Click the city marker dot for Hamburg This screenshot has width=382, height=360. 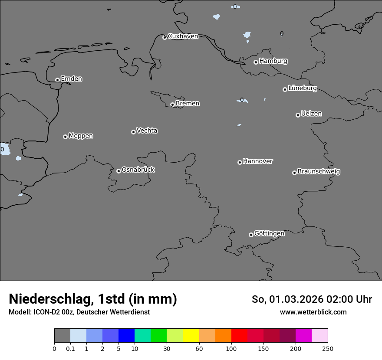256,62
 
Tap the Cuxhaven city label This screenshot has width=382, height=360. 183,36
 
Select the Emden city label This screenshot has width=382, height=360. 71,79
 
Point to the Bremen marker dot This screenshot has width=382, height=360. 172,105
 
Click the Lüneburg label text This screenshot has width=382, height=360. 302,88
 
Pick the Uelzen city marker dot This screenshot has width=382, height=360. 298,115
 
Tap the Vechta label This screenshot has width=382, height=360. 147,131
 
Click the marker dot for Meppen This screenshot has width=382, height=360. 65,137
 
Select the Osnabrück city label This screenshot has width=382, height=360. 138,170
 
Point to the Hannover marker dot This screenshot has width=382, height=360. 240,162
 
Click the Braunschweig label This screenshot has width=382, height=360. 319,171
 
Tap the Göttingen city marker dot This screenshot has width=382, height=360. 251,235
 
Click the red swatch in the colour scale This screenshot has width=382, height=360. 239,336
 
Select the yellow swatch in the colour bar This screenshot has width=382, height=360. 191,336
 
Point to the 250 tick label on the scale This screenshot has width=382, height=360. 327,348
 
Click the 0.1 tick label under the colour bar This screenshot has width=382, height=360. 70,348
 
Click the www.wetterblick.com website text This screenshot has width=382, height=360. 313,312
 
